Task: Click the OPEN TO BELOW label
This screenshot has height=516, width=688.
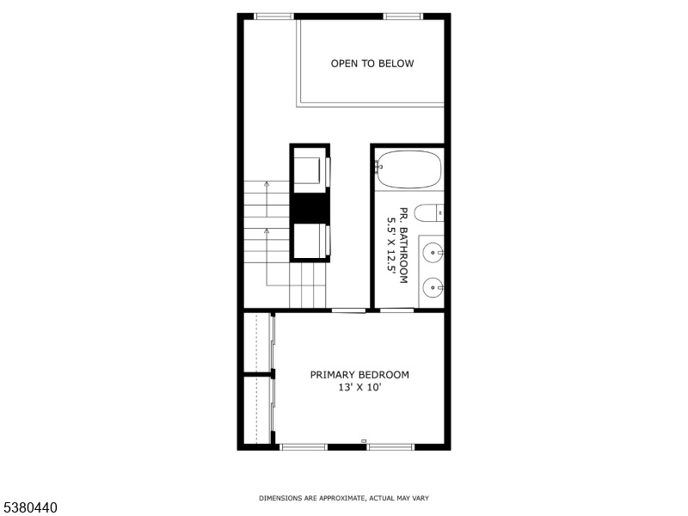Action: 372,64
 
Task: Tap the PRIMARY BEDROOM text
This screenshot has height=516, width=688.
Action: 359,375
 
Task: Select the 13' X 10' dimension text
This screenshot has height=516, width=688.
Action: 359,388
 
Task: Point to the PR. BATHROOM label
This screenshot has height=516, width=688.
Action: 403,245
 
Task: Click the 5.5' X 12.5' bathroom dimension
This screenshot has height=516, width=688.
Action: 391,245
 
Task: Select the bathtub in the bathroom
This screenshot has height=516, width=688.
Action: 408,169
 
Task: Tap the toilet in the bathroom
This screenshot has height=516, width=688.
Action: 428,213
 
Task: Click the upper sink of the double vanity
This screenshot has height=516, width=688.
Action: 433,253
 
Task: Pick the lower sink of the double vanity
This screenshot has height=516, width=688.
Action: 433,288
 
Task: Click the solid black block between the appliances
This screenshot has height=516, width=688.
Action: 310,208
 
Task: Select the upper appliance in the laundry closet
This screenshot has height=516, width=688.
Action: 310,170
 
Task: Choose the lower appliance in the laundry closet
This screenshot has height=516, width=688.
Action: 310,242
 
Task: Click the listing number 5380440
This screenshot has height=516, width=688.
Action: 28,507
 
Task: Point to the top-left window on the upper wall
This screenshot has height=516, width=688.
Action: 273,16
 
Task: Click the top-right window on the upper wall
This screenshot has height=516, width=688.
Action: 402,16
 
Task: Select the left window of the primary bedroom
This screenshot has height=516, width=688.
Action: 304,447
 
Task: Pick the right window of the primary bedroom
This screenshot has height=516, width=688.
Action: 390,447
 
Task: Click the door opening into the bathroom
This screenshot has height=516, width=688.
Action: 396,310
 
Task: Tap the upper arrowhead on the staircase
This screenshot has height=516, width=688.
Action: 267,184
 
